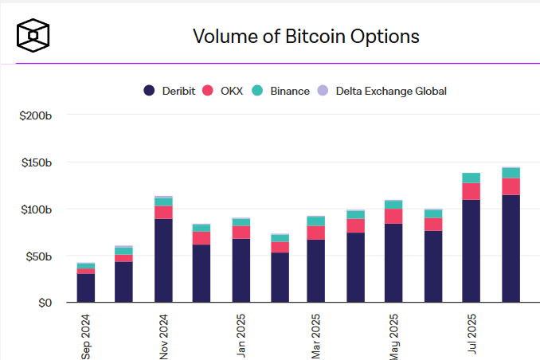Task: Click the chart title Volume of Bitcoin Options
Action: [x=306, y=36]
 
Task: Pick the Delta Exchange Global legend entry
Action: [x=384, y=91]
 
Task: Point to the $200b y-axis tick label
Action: [x=36, y=115]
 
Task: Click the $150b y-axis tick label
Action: [x=36, y=162]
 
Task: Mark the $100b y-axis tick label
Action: [x=36, y=209]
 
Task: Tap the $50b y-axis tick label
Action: [x=37, y=256]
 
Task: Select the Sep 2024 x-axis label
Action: [x=86, y=337]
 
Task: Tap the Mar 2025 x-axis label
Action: [x=318, y=338]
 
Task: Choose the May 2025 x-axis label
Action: [x=395, y=338]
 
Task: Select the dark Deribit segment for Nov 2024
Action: [x=163, y=260]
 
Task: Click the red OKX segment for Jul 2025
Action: [x=472, y=191]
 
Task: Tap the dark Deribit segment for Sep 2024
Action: [x=86, y=288]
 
